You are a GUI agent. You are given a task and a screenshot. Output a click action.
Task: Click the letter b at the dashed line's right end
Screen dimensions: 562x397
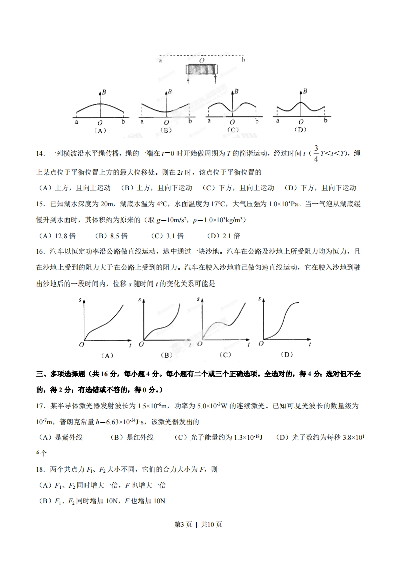click(x=243, y=60)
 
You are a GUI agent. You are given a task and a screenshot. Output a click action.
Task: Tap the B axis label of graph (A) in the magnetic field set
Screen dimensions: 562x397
click(x=103, y=92)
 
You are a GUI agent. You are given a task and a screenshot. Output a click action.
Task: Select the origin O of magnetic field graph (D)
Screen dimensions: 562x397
click(x=300, y=121)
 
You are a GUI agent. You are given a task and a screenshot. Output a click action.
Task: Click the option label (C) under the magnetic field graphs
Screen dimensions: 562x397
click(x=232, y=130)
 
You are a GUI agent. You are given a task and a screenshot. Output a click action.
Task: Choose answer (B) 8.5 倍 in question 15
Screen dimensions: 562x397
click(x=113, y=236)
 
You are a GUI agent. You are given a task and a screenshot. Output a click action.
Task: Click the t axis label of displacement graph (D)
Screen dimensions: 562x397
click(x=310, y=345)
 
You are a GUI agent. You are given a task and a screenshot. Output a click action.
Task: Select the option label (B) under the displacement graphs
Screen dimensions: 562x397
click(x=166, y=355)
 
